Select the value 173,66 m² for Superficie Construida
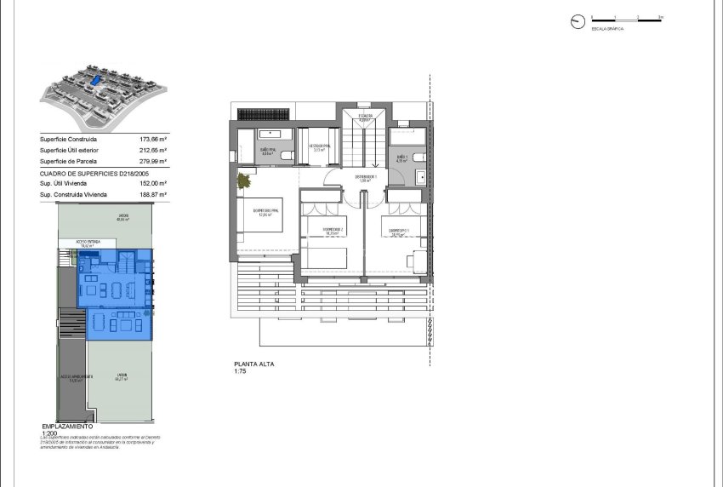153,139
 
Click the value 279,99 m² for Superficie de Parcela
153,161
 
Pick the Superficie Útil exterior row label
71,150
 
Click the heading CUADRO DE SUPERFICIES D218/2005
88,172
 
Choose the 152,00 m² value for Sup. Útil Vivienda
153,183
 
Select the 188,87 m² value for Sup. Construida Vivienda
153,194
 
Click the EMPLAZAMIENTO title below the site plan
73,426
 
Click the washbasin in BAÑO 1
421,176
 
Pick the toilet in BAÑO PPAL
286,154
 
